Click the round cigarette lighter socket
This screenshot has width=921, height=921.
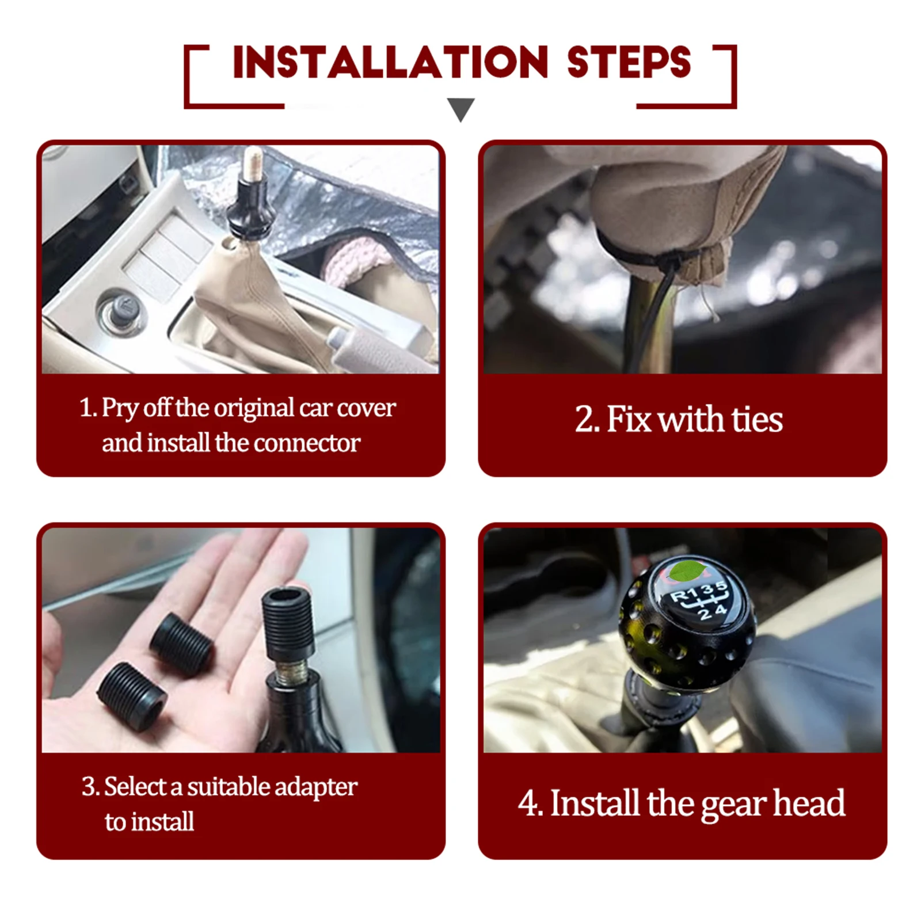tap(123, 313)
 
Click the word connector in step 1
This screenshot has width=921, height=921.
tap(307, 443)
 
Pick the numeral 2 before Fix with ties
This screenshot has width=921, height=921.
tap(584, 420)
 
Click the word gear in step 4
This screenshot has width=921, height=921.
tap(734, 805)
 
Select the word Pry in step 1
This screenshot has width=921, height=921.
tap(120, 409)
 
